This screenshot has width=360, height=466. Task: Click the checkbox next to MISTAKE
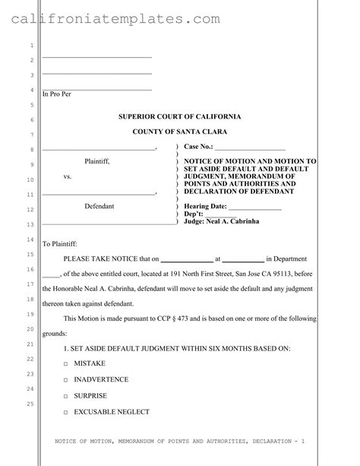click(65, 364)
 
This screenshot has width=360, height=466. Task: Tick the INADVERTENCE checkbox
click(65, 380)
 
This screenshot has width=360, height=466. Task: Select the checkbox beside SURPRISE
click(65, 396)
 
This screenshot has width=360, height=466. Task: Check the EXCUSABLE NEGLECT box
click(65, 413)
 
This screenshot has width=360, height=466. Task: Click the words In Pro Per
click(55, 94)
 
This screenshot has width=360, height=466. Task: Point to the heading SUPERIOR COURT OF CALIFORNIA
click(180, 116)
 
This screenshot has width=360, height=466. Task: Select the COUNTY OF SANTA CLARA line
click(180, 132)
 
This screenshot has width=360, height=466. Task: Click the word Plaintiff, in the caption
click(97, 161)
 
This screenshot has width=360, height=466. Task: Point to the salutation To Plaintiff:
click(60, 244)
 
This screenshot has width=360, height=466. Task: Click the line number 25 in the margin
click(30, 403)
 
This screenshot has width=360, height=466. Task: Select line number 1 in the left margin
click(30, 45)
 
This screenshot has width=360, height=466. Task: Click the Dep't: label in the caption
click(194, 214)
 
